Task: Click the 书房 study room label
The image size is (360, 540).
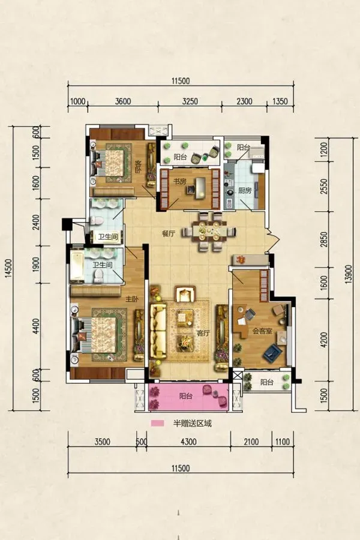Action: (x=179, y=181)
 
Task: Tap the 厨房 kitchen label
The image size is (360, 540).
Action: (x=245, y=190)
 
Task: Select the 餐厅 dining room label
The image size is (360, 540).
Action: (x=169, y=233)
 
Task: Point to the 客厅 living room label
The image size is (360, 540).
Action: (x=203, y=333)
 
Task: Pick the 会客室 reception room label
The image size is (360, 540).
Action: (x=263, y=331)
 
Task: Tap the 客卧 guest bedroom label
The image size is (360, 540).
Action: (x=137, y=167)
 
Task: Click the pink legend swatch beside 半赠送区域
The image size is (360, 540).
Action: (x=157, y=423)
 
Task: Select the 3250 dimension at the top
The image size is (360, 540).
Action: (x=190, y=101)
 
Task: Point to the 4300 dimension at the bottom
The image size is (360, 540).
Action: (x=188, y=442)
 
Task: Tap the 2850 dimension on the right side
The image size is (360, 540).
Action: (x=324, y=239)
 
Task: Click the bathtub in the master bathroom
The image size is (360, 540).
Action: (x=77, y=266)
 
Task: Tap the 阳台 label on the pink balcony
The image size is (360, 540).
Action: (x=185, y=396)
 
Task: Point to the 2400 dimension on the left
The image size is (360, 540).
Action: (x=35, y=222)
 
